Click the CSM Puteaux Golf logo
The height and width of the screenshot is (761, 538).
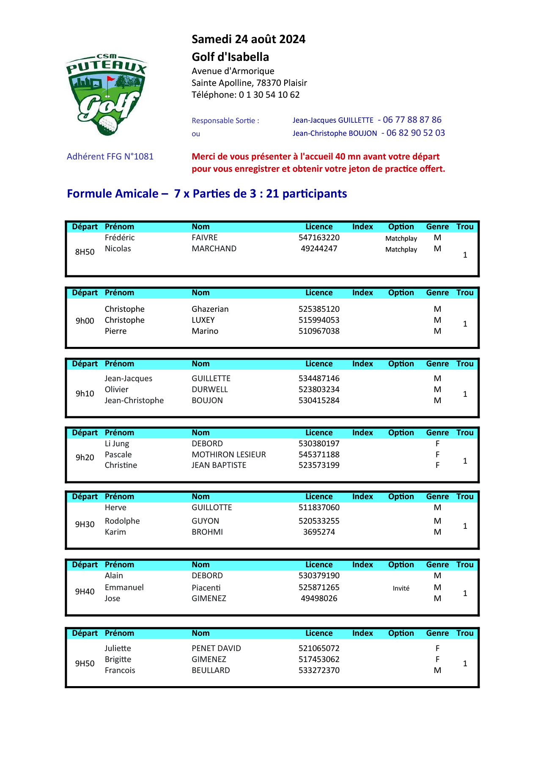107,95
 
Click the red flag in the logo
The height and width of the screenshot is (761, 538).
110,79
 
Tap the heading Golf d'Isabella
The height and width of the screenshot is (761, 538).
230,57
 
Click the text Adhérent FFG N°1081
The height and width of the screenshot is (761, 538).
110,157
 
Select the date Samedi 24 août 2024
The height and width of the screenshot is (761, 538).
248,39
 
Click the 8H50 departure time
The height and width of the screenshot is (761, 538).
85,252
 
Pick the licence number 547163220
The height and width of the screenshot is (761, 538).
319,238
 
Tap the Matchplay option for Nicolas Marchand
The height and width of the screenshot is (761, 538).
401,250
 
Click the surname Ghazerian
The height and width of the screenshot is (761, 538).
210,309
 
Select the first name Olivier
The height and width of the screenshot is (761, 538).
116,390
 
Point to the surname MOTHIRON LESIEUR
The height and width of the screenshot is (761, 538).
228,455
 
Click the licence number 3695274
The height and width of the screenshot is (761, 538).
319,532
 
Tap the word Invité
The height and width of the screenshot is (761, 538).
401,588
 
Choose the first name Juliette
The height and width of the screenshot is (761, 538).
118,648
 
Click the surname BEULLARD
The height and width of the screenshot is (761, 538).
211,670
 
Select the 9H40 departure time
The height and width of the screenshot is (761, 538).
85,592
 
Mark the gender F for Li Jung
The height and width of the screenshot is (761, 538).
437,444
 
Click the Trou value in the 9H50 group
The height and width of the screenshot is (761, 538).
465,664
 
